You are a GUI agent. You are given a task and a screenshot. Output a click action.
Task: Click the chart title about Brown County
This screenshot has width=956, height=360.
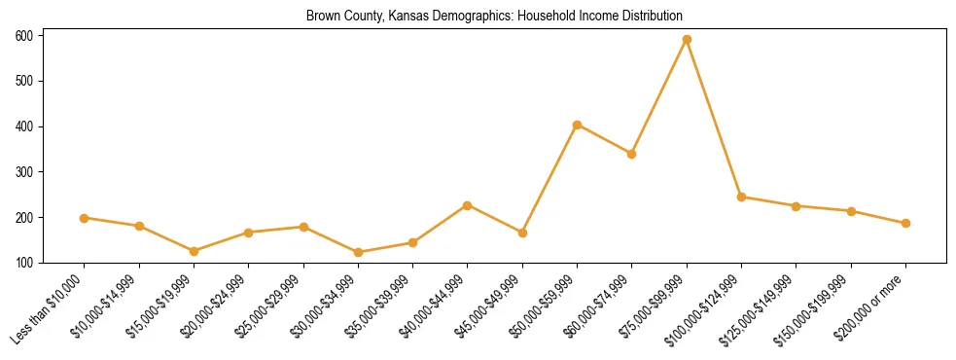(494, 17)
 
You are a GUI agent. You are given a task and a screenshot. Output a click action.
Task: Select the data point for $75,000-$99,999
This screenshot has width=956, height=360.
(687, 40)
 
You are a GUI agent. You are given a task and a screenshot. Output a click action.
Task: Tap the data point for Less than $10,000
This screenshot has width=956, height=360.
(85, 218)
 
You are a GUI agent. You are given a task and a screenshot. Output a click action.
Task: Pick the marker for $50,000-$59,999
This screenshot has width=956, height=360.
(578, 125)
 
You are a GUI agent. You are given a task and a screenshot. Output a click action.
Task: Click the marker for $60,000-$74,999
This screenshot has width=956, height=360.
(632, 154)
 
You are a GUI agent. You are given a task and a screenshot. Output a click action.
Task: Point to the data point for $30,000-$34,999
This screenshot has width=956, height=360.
(358, 252)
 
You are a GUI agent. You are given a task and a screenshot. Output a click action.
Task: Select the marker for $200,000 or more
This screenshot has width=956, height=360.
(905, 223)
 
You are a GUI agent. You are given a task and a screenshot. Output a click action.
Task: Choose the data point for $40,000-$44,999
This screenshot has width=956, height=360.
(468, 205)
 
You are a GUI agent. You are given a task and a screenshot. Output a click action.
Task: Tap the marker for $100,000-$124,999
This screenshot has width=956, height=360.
(741, 197)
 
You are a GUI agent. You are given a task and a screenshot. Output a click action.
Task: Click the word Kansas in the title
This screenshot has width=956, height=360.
(404, 17)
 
